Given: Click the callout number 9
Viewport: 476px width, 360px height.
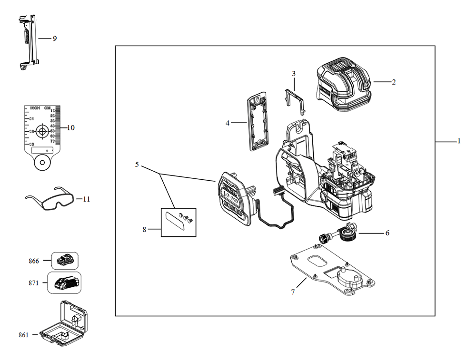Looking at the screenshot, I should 55,39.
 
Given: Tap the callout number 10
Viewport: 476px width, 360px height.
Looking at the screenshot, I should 71,128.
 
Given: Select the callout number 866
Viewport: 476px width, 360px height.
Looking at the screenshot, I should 33,261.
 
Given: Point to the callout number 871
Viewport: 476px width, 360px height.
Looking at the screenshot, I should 33,282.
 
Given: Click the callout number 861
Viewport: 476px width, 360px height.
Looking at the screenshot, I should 24,335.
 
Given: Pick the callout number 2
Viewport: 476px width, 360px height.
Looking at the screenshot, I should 394,82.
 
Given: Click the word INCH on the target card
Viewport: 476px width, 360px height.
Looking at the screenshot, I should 35,108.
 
